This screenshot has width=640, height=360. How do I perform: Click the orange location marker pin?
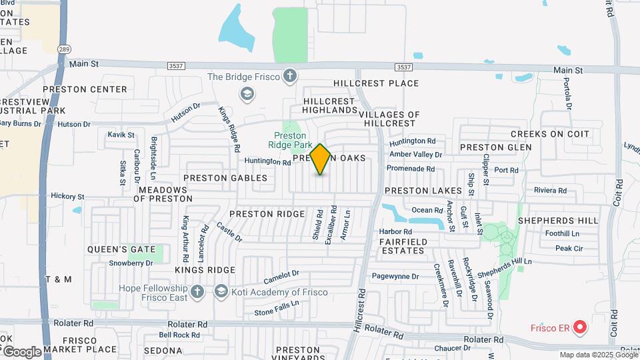coord(321,159)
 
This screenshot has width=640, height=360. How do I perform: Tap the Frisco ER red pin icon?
coord(579,327)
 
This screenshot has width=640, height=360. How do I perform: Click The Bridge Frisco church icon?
coord(289,76)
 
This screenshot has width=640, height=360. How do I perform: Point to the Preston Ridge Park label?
coord(290,140)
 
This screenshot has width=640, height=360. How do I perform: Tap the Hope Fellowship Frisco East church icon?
coord(197,291)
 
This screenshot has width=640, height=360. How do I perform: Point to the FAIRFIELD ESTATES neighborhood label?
coord(402,246)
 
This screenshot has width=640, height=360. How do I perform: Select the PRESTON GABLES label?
coord(225,178)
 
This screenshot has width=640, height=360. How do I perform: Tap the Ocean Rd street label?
coord(423,210)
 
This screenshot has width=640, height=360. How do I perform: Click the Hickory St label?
coord(67,197)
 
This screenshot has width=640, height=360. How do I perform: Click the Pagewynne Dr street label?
coord(395,276)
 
